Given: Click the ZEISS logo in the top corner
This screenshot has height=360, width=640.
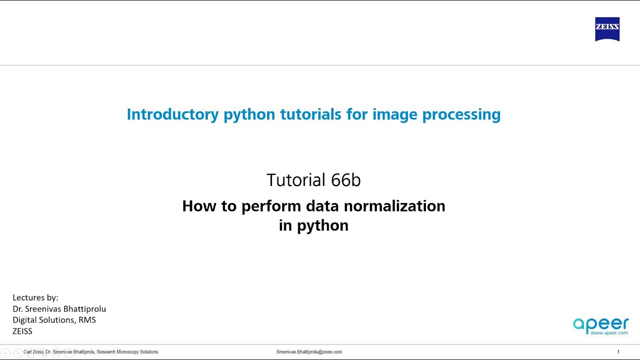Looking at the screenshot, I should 607,29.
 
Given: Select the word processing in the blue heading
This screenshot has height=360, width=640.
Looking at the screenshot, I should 461,114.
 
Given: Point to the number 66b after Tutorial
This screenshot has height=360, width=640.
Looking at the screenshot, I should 345,180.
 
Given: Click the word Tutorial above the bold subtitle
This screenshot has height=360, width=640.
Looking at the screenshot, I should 296,180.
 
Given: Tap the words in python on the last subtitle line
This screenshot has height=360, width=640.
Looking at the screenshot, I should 313,225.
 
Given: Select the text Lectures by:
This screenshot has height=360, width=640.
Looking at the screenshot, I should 35,297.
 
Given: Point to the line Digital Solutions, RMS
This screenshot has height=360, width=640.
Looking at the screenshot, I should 54,320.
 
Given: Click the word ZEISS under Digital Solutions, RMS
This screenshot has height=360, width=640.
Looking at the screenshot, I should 22,331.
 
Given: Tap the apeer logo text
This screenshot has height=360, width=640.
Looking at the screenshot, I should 600,324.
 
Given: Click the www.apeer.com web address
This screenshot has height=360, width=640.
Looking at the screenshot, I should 608,333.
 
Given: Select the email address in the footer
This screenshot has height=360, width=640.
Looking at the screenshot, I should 309,352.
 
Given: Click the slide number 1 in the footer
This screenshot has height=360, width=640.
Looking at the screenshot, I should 618,352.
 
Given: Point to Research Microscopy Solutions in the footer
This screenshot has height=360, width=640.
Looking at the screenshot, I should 127,352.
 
